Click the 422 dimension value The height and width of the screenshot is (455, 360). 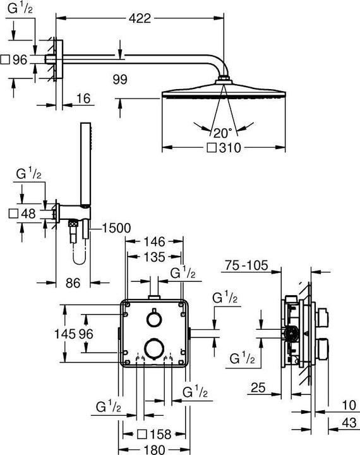pyautogui.click(x=140, y=18)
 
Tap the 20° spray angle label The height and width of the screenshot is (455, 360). pyautogui.click(x=223, y=133)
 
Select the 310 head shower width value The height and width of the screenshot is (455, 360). pyautogui.click(x=230, y=148)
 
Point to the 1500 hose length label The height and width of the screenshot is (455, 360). pyautogui.click(x=116, y=228)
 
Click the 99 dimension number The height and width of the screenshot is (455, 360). pyautogui.click(x=120, y=79)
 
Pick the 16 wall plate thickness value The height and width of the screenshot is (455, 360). pyautogui.click(x=83, y=99)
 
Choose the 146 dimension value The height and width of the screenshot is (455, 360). pyautogui.click(x=154, y=241)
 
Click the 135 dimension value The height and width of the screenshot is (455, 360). pyautogui.click(x=154, y=257)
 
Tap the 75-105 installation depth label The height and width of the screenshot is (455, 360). pyautogui.click(x=246, y=265)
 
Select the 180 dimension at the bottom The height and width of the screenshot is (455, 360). pyautogui.click(x=154, y=450)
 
